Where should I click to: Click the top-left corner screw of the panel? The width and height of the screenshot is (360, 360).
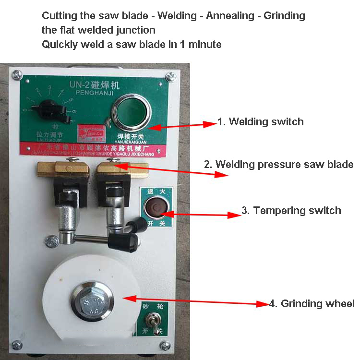(17, 74)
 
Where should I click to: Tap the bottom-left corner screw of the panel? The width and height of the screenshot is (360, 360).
(17, 345)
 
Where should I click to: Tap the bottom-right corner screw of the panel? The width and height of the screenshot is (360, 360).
(166, 345)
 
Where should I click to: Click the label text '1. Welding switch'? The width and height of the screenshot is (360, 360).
(260, 122)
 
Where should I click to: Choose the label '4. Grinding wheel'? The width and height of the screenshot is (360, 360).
(312, 303)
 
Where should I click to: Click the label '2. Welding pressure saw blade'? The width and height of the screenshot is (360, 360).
(278, 164)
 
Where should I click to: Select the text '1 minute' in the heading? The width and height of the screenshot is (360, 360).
(201, 44)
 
